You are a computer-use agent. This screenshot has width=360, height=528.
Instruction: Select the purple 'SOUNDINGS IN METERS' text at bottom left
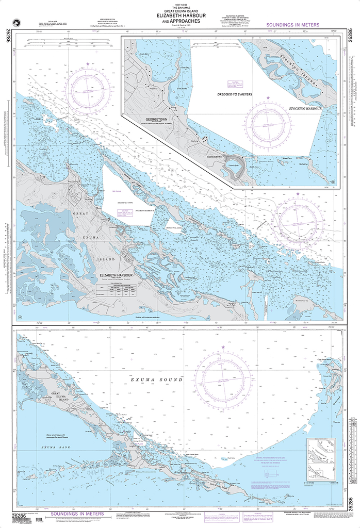(77, 514)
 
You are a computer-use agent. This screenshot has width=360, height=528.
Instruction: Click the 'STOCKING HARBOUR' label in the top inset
(305, 109)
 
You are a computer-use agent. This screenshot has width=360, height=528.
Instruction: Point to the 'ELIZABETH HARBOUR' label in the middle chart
(116, 275)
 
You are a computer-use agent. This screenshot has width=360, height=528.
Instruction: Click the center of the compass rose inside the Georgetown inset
(268, 124)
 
